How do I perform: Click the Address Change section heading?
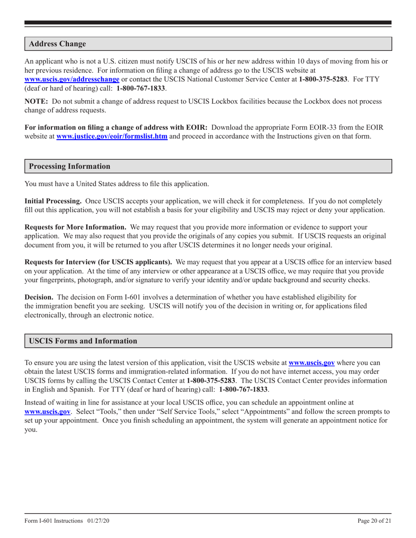[x=57, y=44]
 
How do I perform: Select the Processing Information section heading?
[x=70, y=166]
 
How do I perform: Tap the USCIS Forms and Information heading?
[x=83, y=341]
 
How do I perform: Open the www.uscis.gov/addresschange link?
[x=72, y=80]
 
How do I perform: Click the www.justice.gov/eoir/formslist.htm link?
[x=112, y=136]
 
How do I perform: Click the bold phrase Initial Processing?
[x=53, y=201]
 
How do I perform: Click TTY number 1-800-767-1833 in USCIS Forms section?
[x=243, y=389]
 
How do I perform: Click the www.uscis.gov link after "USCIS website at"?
[x=312, y=363]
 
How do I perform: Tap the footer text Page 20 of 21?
[x=374, y=521]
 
